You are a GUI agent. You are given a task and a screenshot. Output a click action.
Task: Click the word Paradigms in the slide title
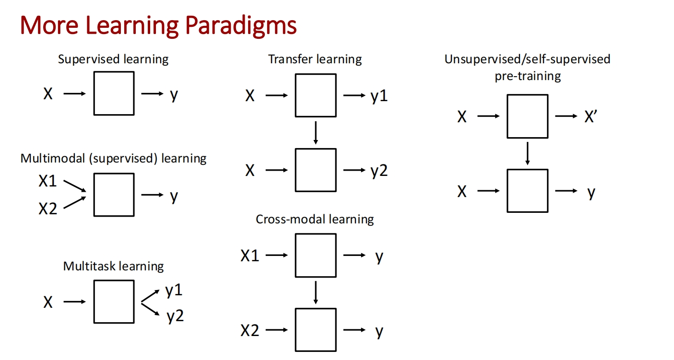tap(241, 26)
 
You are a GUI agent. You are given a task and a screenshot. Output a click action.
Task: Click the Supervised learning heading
tap(113, 59)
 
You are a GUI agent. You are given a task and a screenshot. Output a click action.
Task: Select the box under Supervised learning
tap(114, 93)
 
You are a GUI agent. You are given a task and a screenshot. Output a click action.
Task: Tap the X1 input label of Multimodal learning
tap(47, 181)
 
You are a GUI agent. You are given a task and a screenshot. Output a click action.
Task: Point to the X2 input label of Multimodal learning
tap(47, 209)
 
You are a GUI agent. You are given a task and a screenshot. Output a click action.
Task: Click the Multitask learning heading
tap(113, 266)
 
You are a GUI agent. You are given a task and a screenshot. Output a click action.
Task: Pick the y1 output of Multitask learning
tap(174, 290)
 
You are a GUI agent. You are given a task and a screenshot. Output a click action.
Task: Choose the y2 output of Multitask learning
tap(175, 316)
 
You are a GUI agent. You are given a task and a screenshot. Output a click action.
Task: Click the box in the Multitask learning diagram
tap(114, 302)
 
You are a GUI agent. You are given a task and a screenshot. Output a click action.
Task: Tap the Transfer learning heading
tap(315, 59)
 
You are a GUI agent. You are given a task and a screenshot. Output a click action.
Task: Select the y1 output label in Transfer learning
tap(379, 96)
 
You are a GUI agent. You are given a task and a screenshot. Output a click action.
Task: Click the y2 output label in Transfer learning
tap(379, 171)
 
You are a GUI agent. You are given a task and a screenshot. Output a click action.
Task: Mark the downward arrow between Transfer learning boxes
tap(316, 133)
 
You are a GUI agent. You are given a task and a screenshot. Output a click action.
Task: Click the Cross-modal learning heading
tap(315, 219)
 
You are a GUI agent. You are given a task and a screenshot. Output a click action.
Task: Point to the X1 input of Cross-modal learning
tap(250, 256)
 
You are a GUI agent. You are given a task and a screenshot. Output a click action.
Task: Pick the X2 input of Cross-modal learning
tap(250, 331)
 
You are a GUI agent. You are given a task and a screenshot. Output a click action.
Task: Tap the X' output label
tap(591, 116)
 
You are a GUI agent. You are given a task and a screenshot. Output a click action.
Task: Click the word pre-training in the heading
tap(528, 76)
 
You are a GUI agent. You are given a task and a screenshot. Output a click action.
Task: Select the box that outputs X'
tap(528, 116)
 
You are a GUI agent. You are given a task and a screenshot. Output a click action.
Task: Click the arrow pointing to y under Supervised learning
tap(152, 93)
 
